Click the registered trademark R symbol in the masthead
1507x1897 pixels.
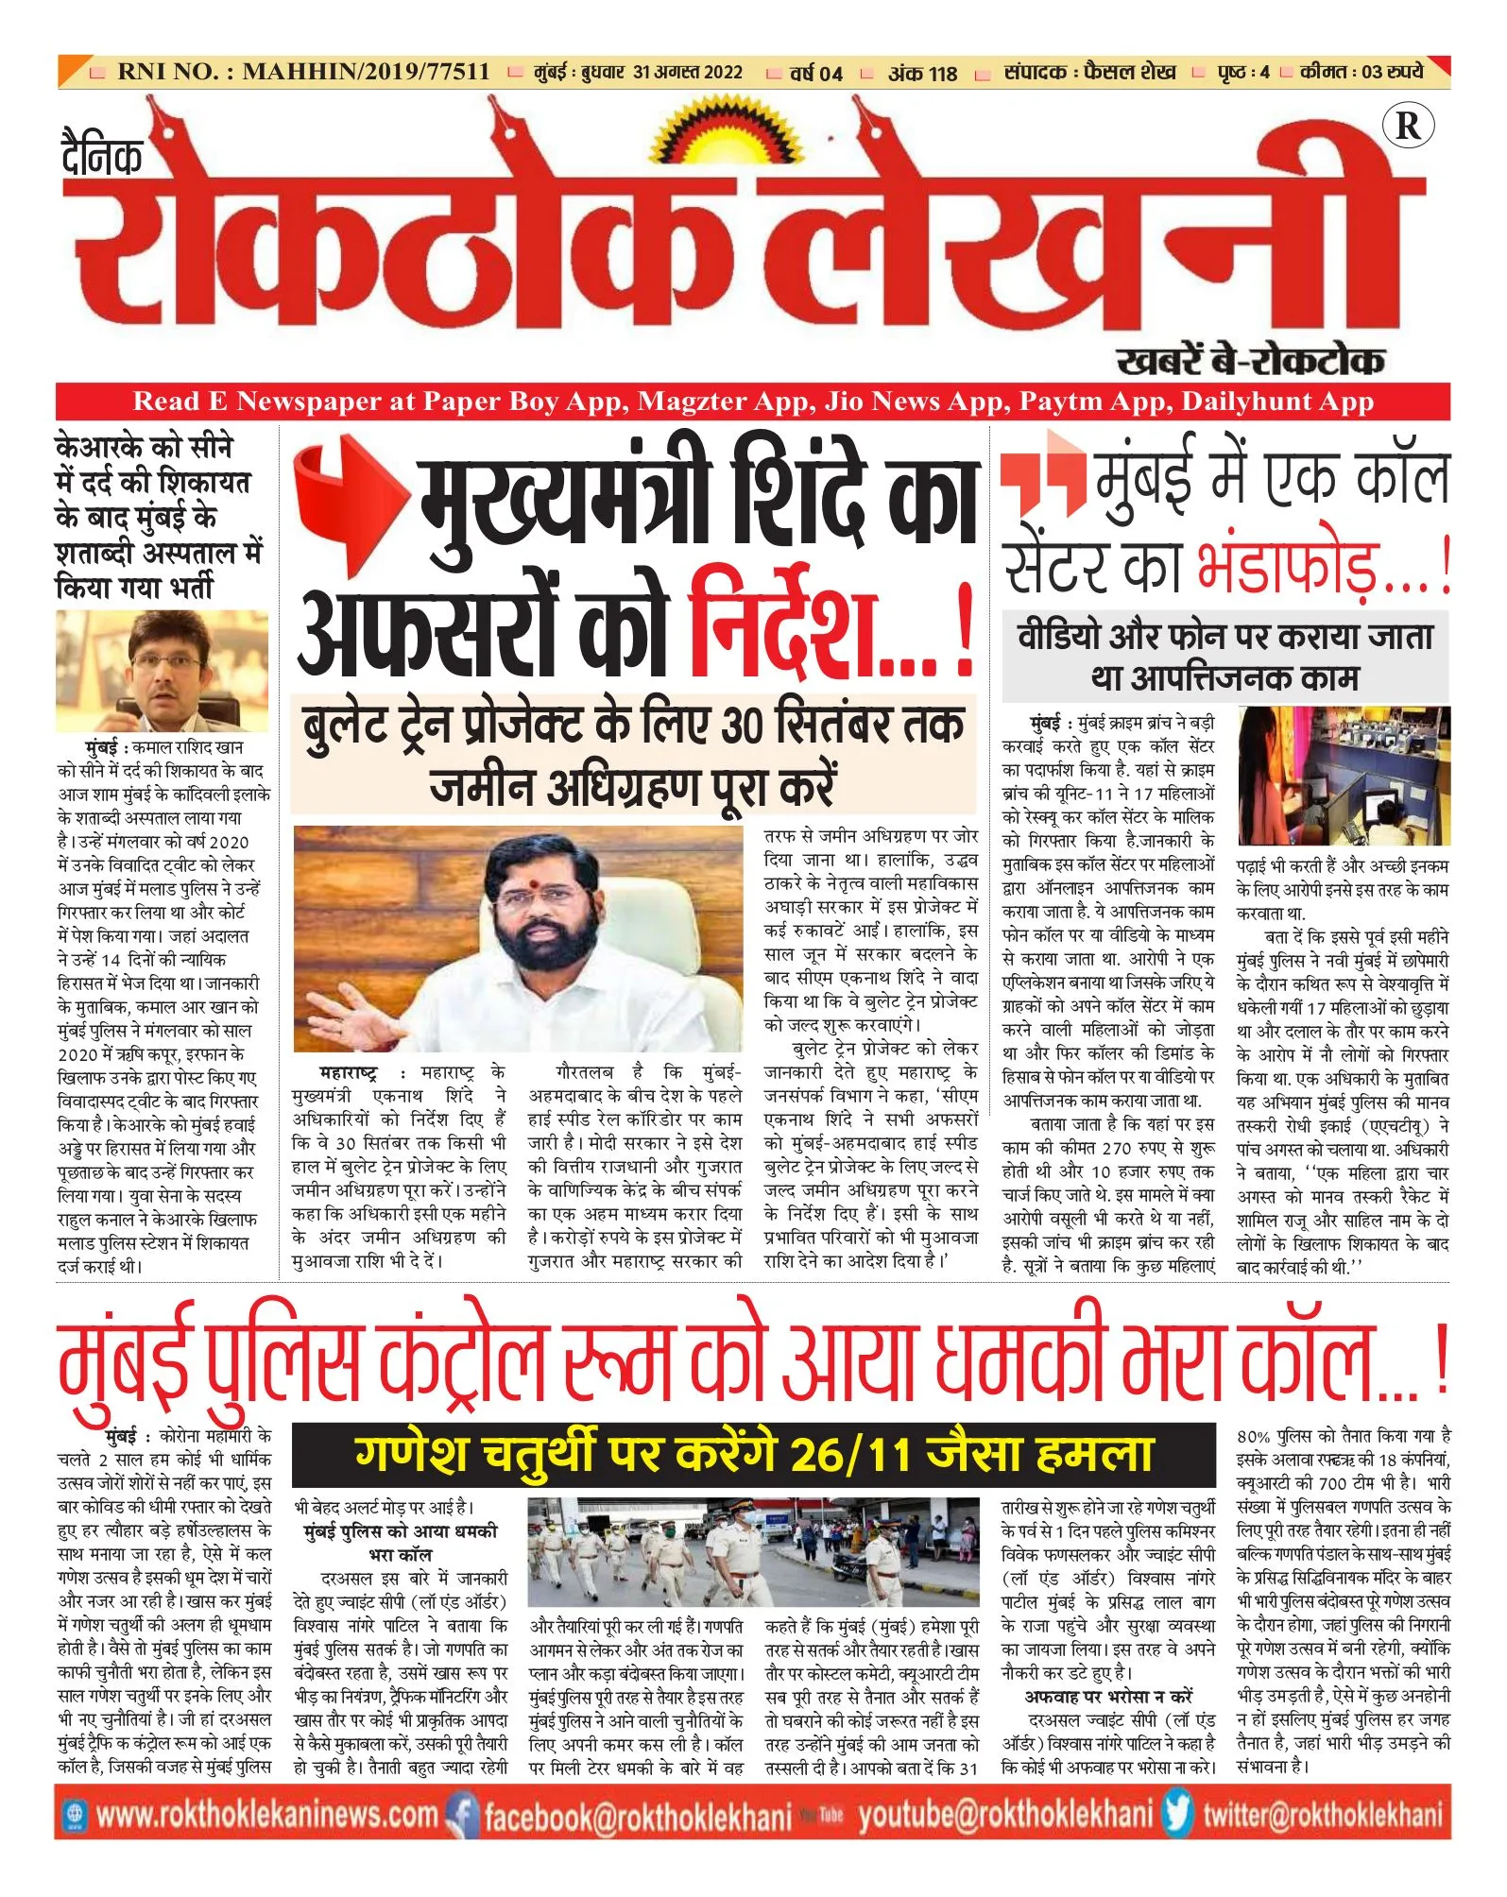(x=1407, y=126)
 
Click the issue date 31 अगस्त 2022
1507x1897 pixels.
(x=688, y=73)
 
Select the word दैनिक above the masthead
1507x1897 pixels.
(x=102, y=157)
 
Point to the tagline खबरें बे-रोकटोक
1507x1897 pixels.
(x=1250, y=361)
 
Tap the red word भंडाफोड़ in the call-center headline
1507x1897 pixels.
(x=1305, y=566)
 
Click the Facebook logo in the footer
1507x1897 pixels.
(x=462, y=1814)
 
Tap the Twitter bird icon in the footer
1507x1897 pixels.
(x=1177, y=1813)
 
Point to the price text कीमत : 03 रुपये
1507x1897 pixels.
(x=1361, y=72)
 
